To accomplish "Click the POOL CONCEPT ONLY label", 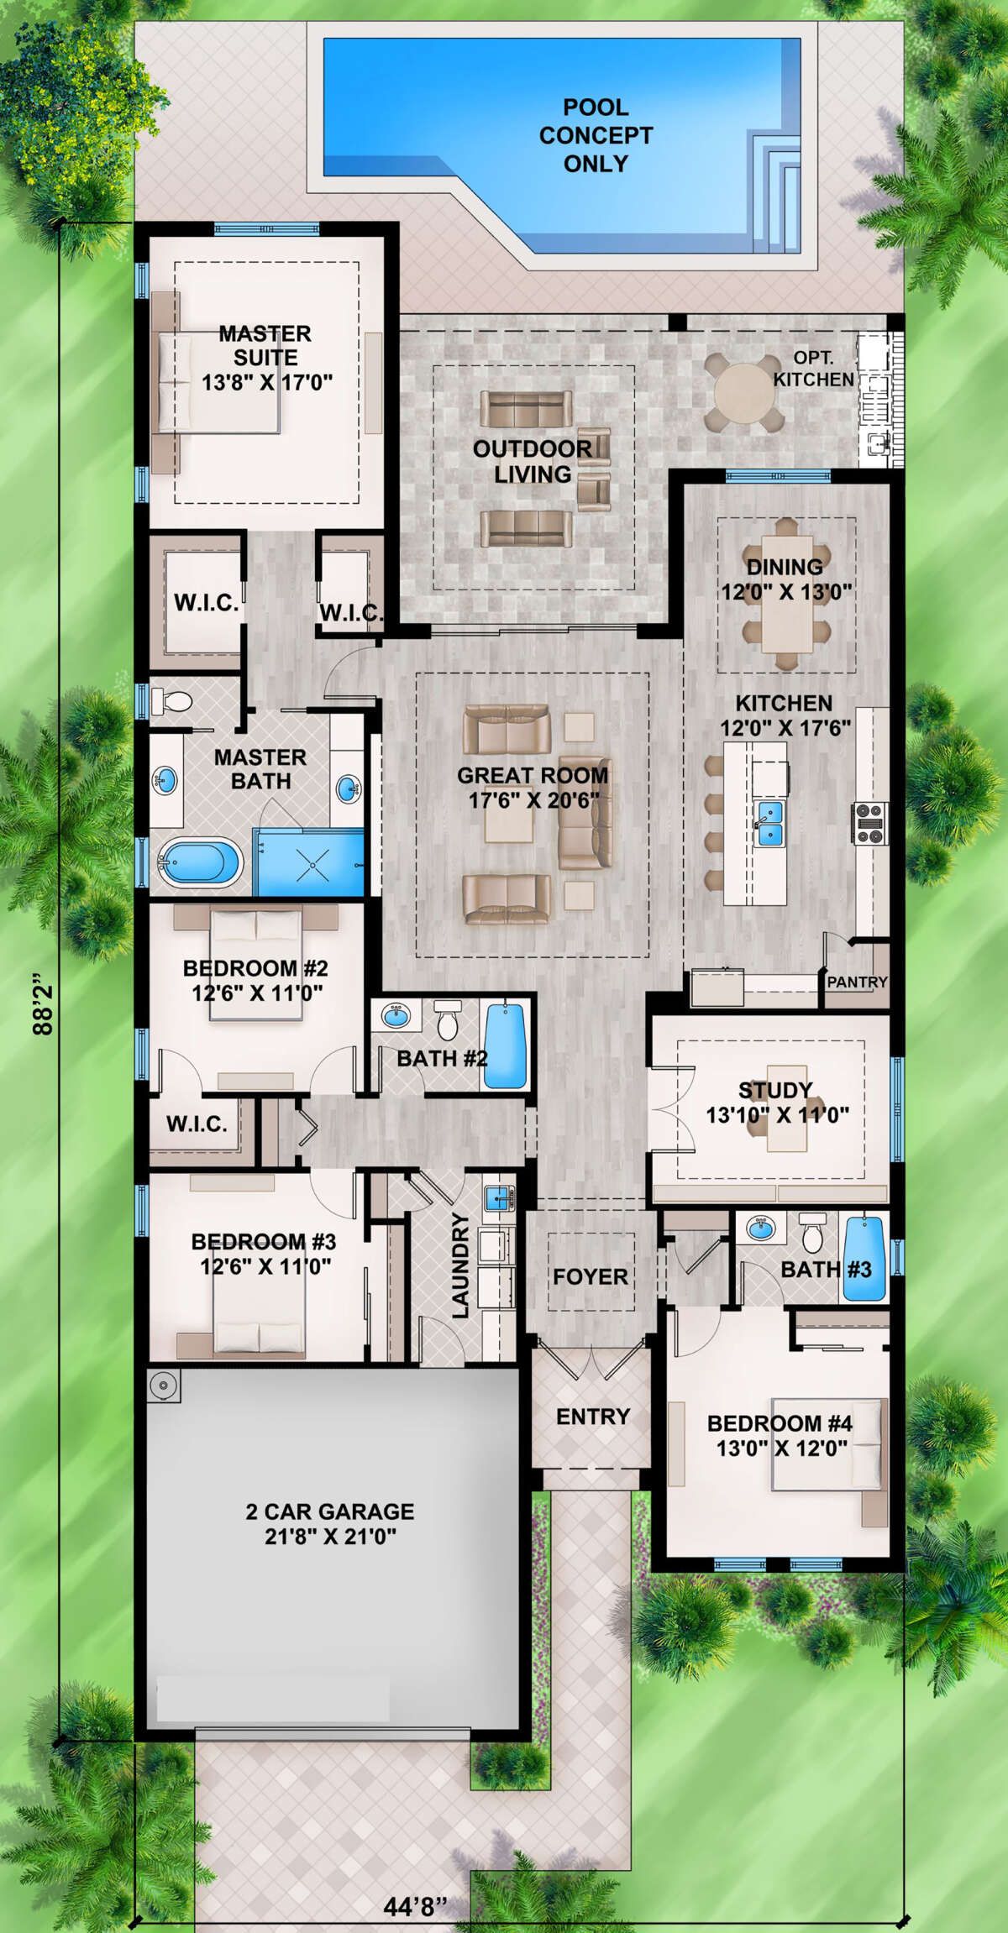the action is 596,135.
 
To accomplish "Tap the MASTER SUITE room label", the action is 265,345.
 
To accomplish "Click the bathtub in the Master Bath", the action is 202,864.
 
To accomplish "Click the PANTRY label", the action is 857,981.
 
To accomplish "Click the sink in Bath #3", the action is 761,1229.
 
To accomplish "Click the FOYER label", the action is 590,1277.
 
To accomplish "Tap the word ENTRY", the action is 593,1417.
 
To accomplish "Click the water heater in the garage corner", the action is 163,1386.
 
